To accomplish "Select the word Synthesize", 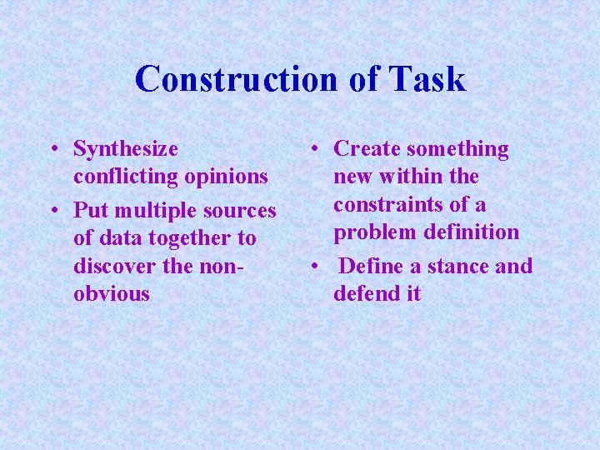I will [x=126, y=150].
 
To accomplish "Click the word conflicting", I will [x=126, y=177].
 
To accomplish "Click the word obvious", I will [x=112, y=293].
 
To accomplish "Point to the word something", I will [x=459, y=149].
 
